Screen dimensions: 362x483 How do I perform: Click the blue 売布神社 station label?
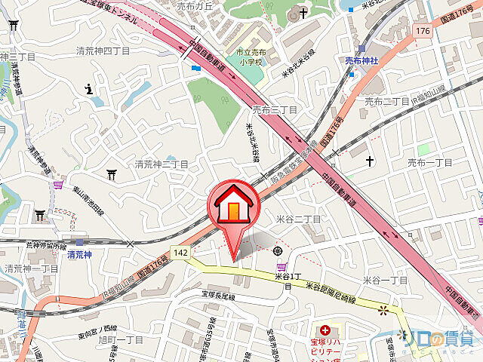361,61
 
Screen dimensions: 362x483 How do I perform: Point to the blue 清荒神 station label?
80,255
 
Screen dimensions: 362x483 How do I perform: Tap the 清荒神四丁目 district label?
103,51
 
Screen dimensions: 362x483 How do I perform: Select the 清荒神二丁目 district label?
162,164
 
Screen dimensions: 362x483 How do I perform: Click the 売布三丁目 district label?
275,110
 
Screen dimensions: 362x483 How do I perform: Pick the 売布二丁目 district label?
387,100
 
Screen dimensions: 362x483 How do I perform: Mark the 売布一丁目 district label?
429,162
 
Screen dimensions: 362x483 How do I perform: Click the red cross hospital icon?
325,330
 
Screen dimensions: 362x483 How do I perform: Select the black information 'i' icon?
90,90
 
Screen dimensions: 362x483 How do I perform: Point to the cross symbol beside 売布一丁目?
370,161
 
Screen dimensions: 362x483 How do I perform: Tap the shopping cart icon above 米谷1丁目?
282,266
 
